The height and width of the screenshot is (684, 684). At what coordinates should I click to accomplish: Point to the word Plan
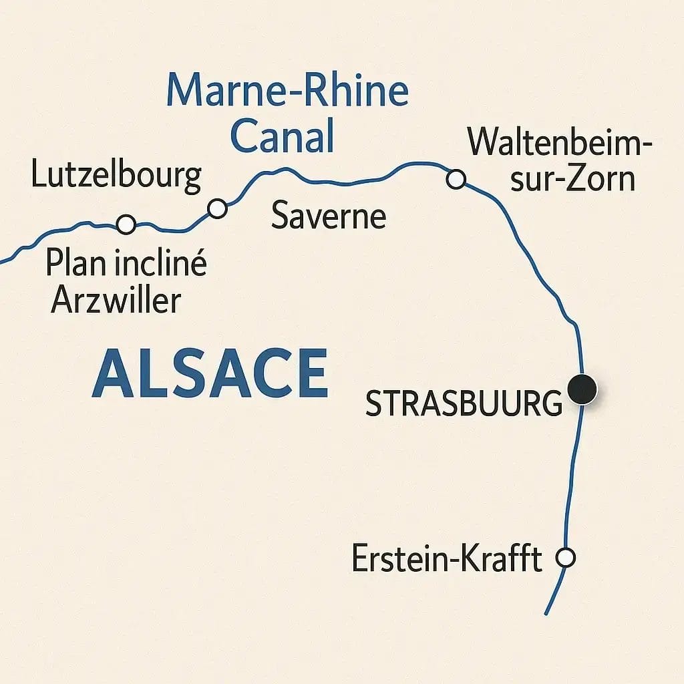click(x=73, y=265)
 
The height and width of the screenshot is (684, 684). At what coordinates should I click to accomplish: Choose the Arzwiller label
click(x=116, y=301)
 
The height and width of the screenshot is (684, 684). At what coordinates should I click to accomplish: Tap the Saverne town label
click(x=329, y=217)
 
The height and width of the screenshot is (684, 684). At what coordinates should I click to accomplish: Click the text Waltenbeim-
click(x=559, y=142)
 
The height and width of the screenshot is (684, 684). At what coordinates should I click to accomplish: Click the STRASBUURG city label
click(x=464, y=405)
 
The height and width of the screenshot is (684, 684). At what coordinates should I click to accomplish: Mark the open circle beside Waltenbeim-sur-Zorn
click(x=456, y=179)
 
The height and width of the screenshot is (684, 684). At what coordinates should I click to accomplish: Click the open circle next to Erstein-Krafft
click(x=566, y=558)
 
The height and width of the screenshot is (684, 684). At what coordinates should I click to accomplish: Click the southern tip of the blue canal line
click(x=546, y=613)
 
